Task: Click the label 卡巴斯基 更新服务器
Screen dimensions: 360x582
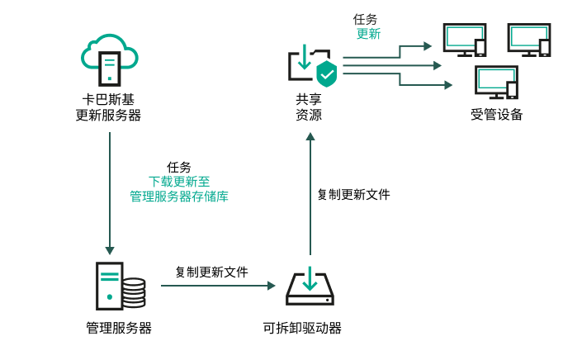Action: point(108,107)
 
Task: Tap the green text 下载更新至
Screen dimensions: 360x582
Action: point(179,182)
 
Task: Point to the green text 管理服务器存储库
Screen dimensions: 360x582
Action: point(179,197)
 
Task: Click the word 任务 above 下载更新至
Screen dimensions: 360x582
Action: point(179,167)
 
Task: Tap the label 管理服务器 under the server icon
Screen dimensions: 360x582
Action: point(119,328)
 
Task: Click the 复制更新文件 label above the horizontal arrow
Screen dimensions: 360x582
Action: point(211,271)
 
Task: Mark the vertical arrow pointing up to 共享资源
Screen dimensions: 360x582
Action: point(310,194)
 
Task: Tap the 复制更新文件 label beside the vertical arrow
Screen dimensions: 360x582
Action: point(353,195)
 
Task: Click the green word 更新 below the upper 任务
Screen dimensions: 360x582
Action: point(368,35)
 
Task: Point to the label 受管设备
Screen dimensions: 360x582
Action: point(496,115)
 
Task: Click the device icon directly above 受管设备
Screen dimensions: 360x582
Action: point(496,83)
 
